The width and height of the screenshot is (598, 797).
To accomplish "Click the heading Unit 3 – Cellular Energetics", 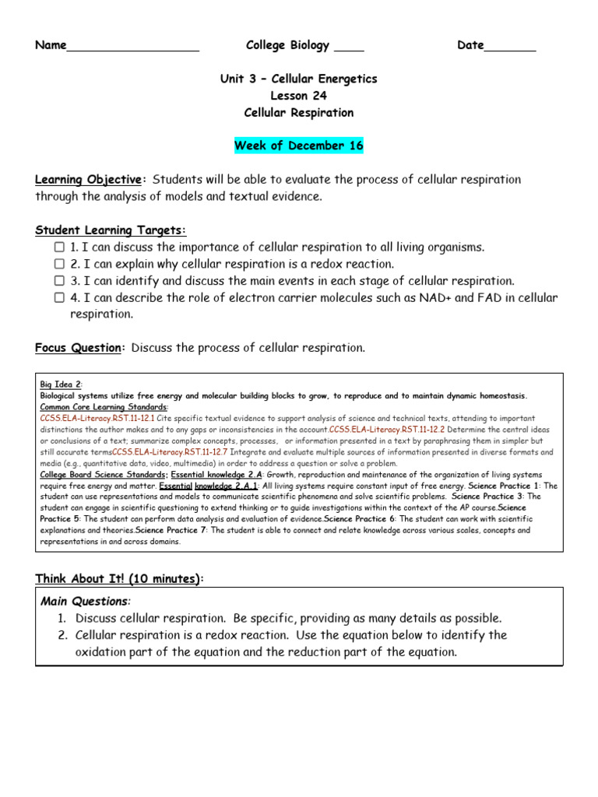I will [x=299, y=79].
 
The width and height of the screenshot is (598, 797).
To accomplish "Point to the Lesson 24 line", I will [x=299, y=96].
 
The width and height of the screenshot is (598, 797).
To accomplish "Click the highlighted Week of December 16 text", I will [x=299, y=146].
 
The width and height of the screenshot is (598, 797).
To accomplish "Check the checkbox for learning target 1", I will [x=59, y=247].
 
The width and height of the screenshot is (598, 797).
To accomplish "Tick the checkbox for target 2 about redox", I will [x=59, y=264].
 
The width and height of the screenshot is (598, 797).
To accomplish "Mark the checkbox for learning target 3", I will [x=59, y=281].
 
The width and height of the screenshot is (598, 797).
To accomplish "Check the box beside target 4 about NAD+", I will [x=59, y=298].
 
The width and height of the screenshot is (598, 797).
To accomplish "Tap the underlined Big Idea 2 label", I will [x=61, y=384].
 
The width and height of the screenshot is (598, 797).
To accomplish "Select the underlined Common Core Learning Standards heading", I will [x=104, y=407].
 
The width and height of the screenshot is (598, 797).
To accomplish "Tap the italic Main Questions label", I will [x=85, y=601].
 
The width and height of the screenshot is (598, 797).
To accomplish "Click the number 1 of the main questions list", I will [x=61, y=618].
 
